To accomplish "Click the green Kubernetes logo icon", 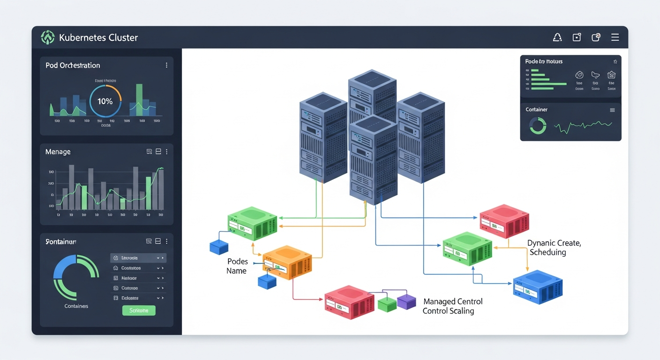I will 48,37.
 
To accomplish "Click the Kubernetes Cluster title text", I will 98,37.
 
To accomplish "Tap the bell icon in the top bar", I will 557,37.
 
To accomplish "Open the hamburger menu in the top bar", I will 615,37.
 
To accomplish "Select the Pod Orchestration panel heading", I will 73,65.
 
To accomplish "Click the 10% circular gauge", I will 105,101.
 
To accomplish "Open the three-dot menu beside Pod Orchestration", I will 166,65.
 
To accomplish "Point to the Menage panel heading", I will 58,152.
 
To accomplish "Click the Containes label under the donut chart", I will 76,306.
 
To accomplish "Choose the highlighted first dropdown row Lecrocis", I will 138,258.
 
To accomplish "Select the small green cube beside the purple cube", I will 387,304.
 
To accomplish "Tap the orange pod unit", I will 287,262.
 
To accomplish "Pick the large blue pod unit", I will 538,287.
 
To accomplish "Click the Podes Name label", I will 237,266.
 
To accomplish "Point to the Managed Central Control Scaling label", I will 452,306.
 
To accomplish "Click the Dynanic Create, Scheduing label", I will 553,247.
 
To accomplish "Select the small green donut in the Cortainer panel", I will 538,126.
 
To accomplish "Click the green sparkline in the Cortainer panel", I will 583,126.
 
